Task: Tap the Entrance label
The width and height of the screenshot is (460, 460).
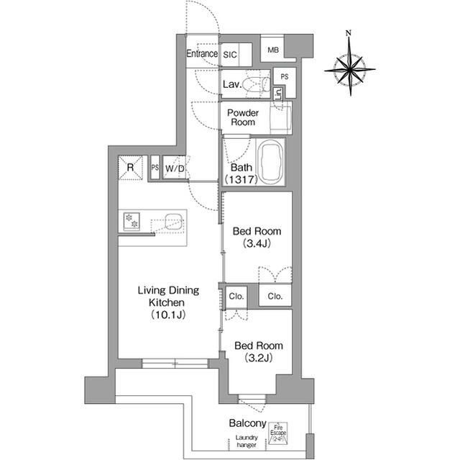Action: tap(202, 54)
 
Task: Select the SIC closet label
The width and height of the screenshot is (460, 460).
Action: tap(230, 54)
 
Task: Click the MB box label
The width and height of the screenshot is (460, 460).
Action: tap(273, 50)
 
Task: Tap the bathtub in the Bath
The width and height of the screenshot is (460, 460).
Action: tap(270, 162)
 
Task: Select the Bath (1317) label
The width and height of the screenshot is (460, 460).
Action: tap(238, 173)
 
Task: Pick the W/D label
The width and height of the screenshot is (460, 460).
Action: tap(175, 168)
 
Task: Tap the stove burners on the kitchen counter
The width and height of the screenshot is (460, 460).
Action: tap(132, 222)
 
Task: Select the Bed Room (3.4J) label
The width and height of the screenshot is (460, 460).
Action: tap(256, 238)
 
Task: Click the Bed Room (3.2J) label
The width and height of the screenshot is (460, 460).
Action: tap(256, 351)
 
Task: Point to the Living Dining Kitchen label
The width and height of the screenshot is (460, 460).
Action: tap(167, 302)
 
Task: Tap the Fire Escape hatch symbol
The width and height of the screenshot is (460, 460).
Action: tap(278, 434)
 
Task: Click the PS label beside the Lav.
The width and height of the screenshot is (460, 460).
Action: tap(285, 76)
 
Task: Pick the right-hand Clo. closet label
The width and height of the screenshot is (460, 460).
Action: tap(275, 296)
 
